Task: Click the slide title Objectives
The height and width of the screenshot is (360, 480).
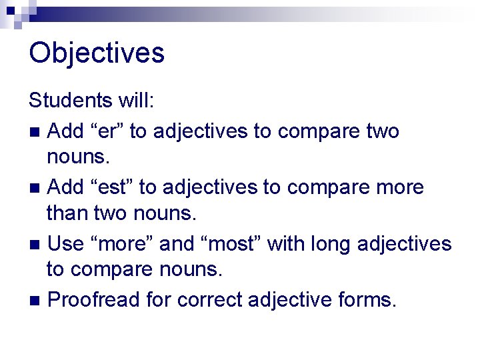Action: click(x=97, y=53)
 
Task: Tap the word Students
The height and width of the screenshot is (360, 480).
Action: click(x=71, y=101)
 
